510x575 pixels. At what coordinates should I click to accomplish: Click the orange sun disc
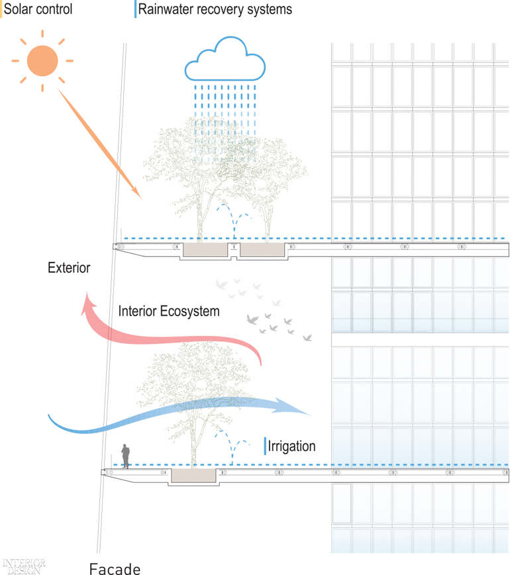click(x=42, y=61)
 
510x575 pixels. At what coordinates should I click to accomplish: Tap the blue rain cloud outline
click(x=225, y=41)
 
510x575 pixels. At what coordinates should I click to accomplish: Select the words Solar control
click(x=38, y=9)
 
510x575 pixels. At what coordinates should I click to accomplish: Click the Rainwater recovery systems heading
click(x=215, y=9)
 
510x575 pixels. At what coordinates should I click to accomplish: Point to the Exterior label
click(x=69, y=268)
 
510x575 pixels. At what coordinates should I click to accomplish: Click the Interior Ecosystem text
click(x=169, y=311)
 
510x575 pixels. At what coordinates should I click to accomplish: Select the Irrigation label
click(x=292, y=446)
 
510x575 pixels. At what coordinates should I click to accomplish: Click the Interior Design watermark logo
click(x=24, y=566)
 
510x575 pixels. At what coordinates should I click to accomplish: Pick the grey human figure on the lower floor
click(x=126, y=456)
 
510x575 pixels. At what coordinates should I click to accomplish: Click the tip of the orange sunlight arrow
click(x=142, y=199)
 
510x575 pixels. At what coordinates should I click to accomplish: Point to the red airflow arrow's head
click(x=87, y=303)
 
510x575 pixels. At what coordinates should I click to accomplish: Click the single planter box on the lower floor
click(x=193, y=476)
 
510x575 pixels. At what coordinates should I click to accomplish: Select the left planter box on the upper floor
click(x=205, y=250)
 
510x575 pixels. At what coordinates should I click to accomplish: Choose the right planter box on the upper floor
click(x=262, y=250)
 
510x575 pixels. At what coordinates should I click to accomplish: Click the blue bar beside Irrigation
click(x=265, y=446)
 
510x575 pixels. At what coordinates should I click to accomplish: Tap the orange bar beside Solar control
click(x=1, y=9)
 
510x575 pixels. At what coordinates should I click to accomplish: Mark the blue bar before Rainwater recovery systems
click(x=135, y=9)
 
